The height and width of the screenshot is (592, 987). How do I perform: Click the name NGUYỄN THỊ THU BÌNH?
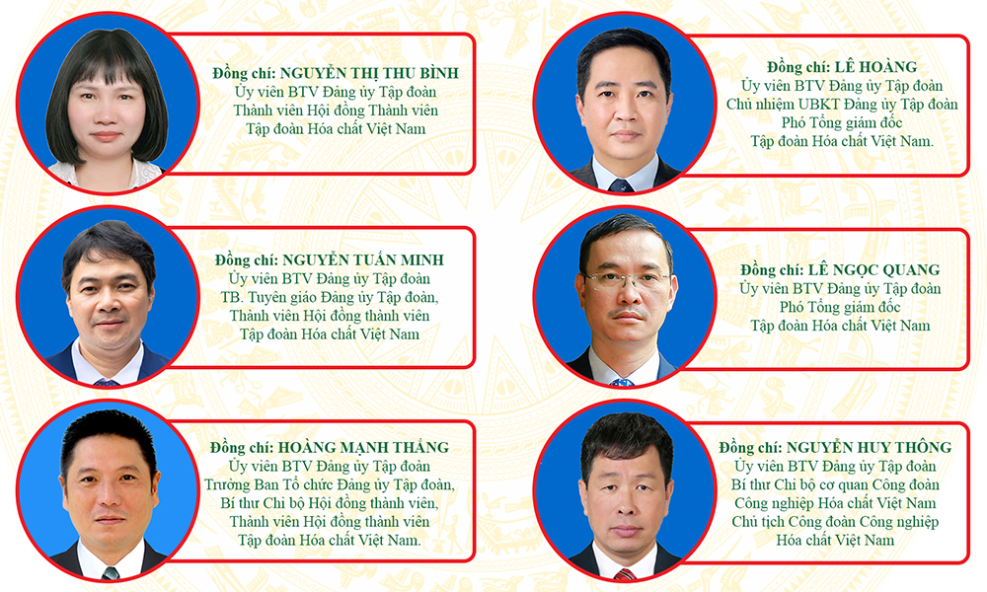coord(369,73)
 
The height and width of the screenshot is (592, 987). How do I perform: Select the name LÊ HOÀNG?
coord(875,67)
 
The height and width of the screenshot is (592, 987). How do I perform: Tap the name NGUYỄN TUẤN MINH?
coord(363,259)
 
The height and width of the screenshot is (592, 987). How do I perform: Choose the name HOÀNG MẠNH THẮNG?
coord(364,447)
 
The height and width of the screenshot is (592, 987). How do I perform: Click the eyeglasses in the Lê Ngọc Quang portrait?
coord(627,279)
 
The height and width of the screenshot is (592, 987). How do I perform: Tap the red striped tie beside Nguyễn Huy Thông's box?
coord(625,574)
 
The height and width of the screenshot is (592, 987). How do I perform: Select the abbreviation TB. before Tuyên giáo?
coord(230,297)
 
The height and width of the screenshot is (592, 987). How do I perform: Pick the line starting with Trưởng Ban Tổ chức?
coord(330,485)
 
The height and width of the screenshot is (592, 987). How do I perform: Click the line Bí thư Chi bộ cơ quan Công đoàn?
coord(835,485)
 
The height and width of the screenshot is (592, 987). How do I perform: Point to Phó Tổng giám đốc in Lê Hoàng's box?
coord(842,122)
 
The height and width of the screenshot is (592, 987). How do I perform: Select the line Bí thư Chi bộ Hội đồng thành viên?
coord(330,503)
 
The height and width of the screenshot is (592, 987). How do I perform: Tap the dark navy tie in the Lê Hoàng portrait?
coord(621,185)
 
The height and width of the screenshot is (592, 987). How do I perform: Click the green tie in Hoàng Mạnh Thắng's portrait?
coord(111,573)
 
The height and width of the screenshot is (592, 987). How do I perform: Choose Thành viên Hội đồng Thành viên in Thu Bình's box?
coord(336,111)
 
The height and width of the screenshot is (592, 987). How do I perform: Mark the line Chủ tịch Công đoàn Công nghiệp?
coord(835,522)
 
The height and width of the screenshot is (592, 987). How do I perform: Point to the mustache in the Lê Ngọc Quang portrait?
coord(626,313)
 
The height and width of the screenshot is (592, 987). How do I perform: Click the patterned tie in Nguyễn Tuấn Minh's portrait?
coord(106,381)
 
